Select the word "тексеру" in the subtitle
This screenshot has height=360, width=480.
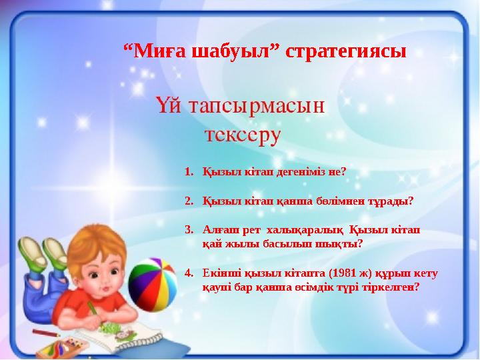[x=243, y=135]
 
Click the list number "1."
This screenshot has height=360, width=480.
[x=189, y=171]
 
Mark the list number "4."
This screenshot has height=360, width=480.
[x=189, y=273]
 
